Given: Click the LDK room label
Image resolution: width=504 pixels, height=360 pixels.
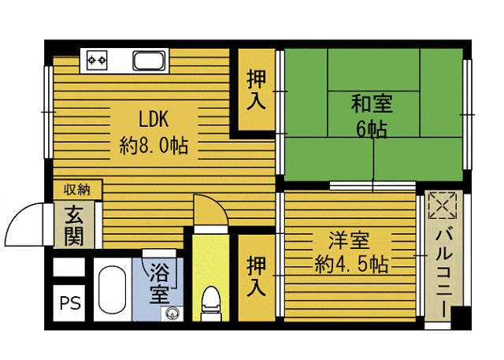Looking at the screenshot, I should [154, 120].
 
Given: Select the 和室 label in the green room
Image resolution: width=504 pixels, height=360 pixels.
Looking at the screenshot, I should [372, 103].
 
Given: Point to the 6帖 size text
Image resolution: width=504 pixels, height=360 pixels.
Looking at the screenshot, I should [372, 129].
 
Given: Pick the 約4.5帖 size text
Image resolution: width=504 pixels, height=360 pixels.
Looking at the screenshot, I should [350, 264].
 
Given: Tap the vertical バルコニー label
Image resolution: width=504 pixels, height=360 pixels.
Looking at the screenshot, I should [443, 269].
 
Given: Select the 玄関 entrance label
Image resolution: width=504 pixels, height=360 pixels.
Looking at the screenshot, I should [74, 225].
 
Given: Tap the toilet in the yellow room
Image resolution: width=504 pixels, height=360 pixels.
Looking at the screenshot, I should [209, 302].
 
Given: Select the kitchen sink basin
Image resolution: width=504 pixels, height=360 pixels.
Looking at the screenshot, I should [148, 60].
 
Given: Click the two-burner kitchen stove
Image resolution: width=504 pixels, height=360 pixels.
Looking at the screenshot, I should [98, 59].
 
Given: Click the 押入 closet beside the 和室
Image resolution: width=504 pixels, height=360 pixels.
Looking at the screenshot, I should [256, 91].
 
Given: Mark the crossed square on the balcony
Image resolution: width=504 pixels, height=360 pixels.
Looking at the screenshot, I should [442, 207].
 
